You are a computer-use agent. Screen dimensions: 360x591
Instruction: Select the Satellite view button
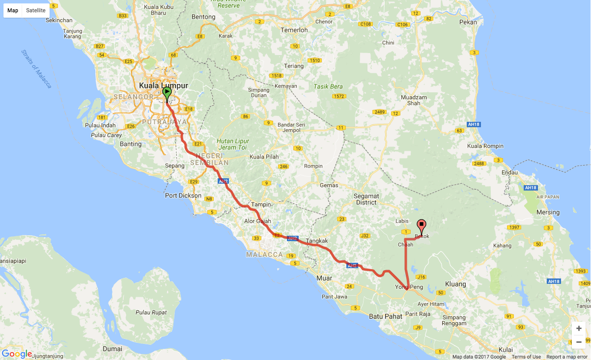pos(36,10)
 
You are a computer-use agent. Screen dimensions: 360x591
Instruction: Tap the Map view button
pos(13,10)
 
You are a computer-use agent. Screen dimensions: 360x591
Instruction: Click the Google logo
pos(17,354)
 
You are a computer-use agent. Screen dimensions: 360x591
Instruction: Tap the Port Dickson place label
pos(183,195)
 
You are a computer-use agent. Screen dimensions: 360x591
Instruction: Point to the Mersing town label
pos(548,212)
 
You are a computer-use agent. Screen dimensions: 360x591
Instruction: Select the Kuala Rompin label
pos(485,146)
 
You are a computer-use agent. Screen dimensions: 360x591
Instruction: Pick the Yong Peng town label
pos(409,287)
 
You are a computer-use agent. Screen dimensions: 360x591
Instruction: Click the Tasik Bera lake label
pos(328,86)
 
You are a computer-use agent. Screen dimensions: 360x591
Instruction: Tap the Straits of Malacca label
pos(36,68)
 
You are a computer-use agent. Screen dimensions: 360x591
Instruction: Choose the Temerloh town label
pos(294,30)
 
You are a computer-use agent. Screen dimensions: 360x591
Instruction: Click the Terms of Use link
pos(526,357)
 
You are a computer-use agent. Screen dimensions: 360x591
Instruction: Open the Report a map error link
pos(566,357)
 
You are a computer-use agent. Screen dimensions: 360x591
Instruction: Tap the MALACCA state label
pos(265,254)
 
